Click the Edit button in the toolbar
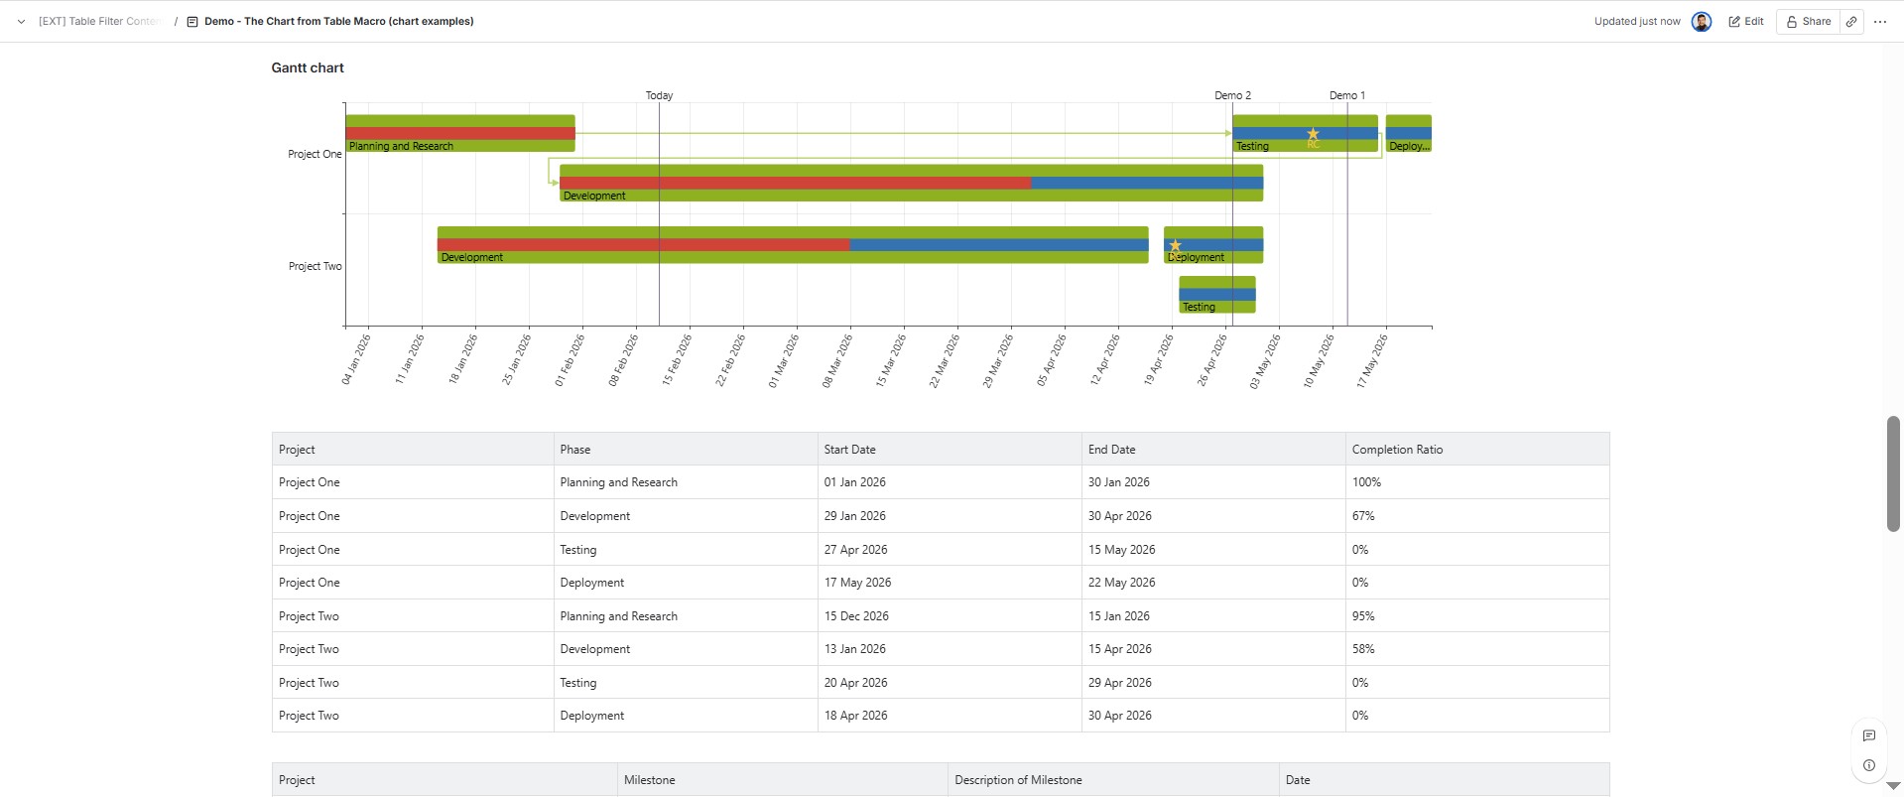(x=1746, y=21)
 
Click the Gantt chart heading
(x=308, y=67)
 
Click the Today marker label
(x=659, y=95)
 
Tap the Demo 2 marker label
(x=1232, y=95)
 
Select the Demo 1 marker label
(x=1346, y=95)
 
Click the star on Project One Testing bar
(x=1313, y=134)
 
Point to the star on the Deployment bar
(x=1175, y=245)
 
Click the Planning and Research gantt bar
(x=459, y=133)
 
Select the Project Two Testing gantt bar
(x=1216, y=294)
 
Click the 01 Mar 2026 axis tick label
(x=783, y=360)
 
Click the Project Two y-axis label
(x=315, y=266)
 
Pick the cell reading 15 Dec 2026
(x=855, y=616)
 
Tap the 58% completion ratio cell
(x=1362, y=649)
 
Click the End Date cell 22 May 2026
(x=1121, y=583)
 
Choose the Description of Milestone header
(x=1017, y=780)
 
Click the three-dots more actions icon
(x=1879, y=21)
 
